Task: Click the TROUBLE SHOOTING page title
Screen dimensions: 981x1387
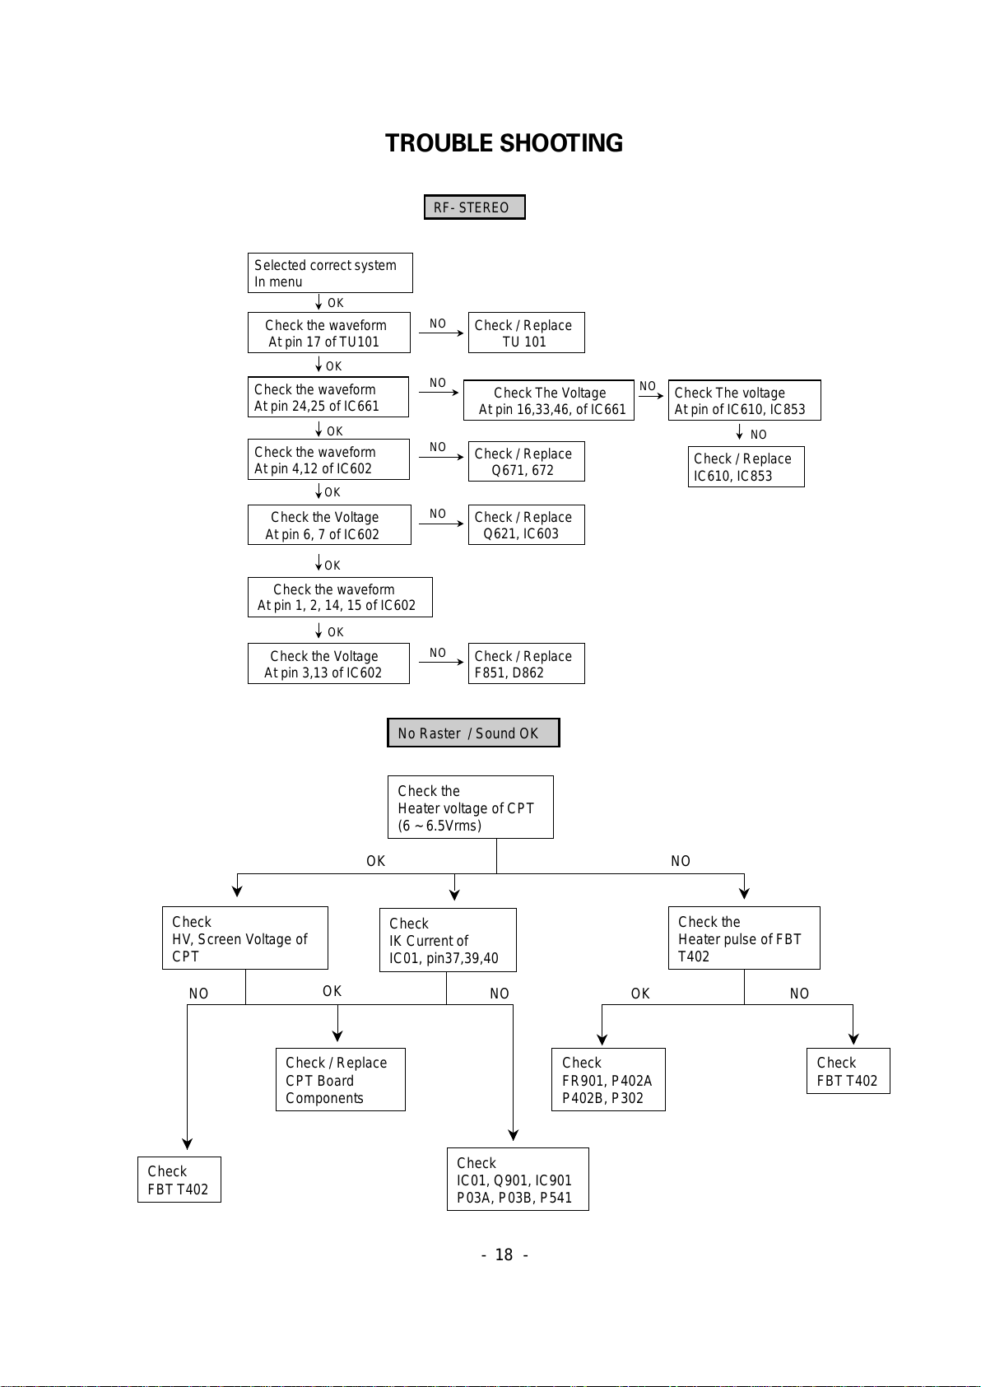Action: tap(504, 143)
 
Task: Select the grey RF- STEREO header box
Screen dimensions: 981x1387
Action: tap(475, 207)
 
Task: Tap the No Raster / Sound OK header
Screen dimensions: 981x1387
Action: tap(473, 733)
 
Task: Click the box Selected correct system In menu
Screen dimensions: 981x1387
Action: tap(330, 272)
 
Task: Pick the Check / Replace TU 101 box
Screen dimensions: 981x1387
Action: tap(526, 333)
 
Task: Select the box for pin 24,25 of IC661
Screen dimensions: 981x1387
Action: tap(328, 397)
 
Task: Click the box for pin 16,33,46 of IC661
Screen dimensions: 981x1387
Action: tap(548, 400)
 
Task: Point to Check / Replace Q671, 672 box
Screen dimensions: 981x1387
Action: tap(526, 461)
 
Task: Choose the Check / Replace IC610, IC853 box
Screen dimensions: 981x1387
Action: tap(746, 466)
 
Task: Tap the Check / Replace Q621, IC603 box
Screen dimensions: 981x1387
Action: tap(526, 524)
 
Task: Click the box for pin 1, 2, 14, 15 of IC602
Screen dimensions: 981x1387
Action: tap(340, 597)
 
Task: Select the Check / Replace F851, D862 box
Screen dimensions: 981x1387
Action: tap(526, 663)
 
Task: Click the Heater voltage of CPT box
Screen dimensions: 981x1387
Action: tap(471, 807)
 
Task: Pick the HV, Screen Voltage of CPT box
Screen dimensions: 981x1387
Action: tap(245, 938)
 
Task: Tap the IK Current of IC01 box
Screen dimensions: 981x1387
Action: tap(448, 940)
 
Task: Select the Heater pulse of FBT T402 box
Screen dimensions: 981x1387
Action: tap(744, 938)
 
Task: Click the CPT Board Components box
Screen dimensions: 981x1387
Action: tap(341, 1079)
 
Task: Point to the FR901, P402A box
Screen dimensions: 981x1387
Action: tap(608, 1079)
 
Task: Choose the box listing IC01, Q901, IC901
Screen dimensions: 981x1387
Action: tap(518, 1179)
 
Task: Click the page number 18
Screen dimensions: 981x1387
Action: tap(504, 1254)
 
